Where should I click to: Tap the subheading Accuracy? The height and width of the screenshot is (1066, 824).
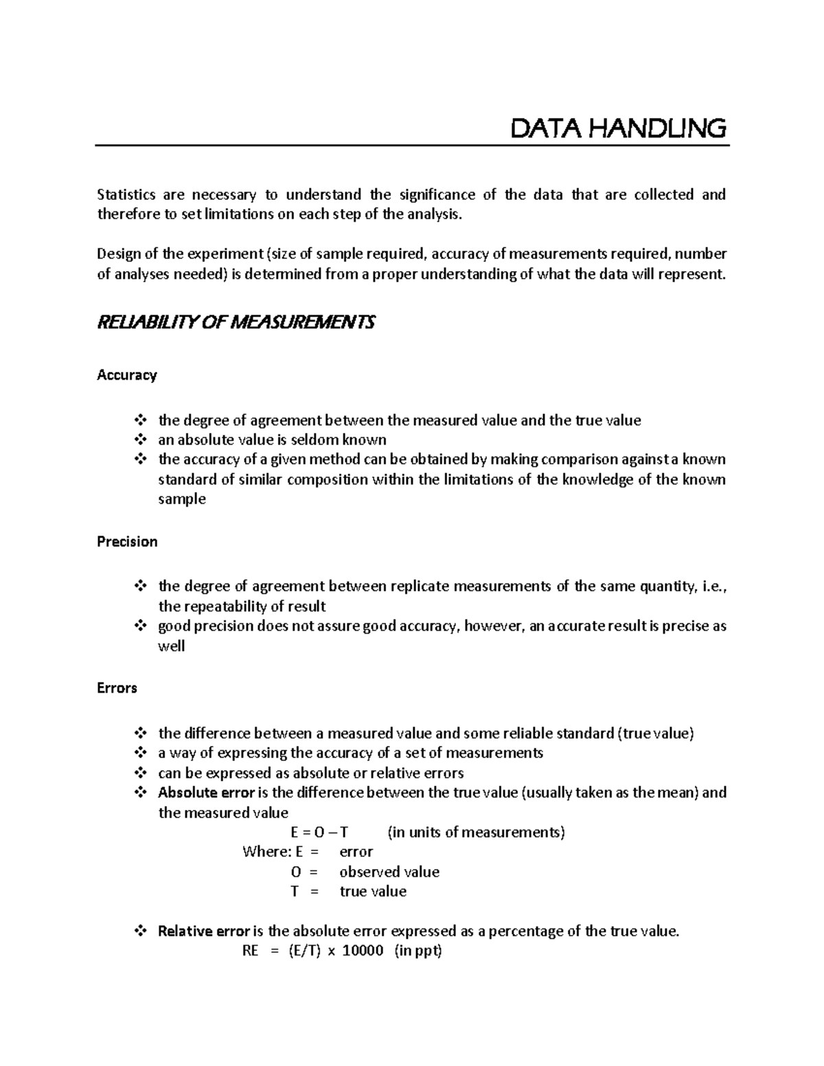[127, 375]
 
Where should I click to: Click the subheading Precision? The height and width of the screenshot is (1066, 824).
[127, 542]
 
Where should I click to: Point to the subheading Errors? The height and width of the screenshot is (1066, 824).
[117, 688]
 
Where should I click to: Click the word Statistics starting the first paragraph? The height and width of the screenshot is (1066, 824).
[126, 195]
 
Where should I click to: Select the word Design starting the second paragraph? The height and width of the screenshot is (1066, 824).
[117, 254]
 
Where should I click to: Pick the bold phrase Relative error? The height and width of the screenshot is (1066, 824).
[204, 931]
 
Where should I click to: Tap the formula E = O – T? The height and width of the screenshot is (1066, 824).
[319, 833]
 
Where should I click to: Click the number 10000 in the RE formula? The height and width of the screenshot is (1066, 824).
[363, 951]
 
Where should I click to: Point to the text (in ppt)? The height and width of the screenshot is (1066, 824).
[418, 951]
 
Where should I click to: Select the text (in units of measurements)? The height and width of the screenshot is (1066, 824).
[476, 833]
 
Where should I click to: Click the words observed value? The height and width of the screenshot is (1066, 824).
[389, 872]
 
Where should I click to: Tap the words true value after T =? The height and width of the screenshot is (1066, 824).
[373, 892]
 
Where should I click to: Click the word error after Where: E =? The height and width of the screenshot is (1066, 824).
[356, 852]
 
